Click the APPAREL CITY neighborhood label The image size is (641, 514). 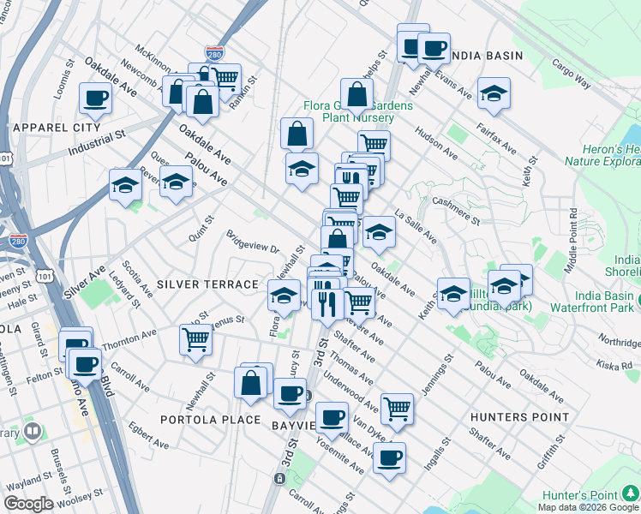[57, 127]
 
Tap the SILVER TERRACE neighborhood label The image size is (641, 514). [207, 284]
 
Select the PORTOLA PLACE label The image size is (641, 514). [210, 420]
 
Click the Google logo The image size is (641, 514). [28, 504]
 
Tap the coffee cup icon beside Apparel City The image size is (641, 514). [95, 98]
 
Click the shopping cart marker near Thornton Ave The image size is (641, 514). [196, 339]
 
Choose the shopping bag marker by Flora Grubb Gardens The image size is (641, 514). [356, 94]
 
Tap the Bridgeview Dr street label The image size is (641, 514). [253, 241]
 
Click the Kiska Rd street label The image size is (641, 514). [615, 365]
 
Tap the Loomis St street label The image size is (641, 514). [60, 81]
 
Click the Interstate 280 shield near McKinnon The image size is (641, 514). [213, 53]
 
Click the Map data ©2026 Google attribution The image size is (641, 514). [588, 506]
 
